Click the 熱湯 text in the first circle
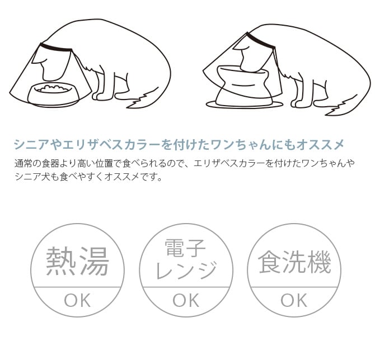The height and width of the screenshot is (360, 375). (x=77, y=262)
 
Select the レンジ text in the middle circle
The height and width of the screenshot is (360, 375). (x=186, y=271)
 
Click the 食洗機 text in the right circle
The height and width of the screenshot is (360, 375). (x=294, y=262)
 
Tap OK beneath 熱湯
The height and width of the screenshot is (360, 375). (x=77, y=301)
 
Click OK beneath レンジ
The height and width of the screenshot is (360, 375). (x=186, y=301)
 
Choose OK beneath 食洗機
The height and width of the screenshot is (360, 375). (x=294, y=301)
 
